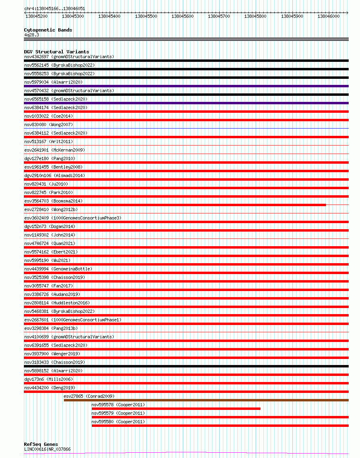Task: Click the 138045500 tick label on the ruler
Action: click(146, 16)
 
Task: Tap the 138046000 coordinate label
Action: click(328, 16)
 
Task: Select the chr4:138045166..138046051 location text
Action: click(55, 8)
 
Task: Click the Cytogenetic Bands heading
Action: click(48, 30)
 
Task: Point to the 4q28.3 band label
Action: click(32, 35)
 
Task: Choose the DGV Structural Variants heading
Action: click(56, 52)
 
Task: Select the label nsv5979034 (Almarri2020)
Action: click(53, 82)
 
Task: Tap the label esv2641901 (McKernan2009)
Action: click(55, 150)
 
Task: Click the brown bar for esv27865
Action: click(206, 400)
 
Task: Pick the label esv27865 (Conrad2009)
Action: click(89, 396)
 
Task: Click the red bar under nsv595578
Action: click(176, 409)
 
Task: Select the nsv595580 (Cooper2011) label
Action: click(118, 422)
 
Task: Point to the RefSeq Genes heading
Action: click(41, 444)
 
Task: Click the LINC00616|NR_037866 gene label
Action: click(47, 449)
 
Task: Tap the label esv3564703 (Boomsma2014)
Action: click(53, 201)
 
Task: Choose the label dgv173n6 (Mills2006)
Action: click(48, 379)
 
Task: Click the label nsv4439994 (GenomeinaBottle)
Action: click(58, 269)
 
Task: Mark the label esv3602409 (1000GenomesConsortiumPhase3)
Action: click(72, 218)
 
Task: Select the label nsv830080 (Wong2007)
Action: click(49, 125)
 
